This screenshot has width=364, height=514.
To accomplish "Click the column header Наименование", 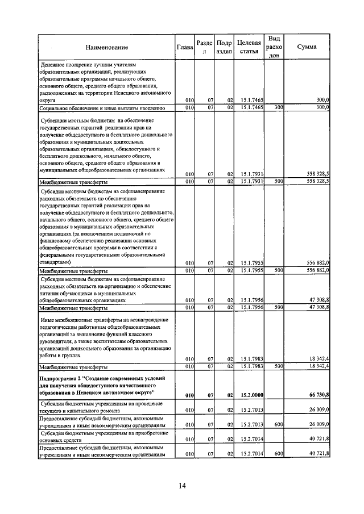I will [x=107, y=47].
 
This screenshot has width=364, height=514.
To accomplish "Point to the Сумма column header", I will [x=307, y=47].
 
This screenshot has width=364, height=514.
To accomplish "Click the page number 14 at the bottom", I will [x=182, y=486].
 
